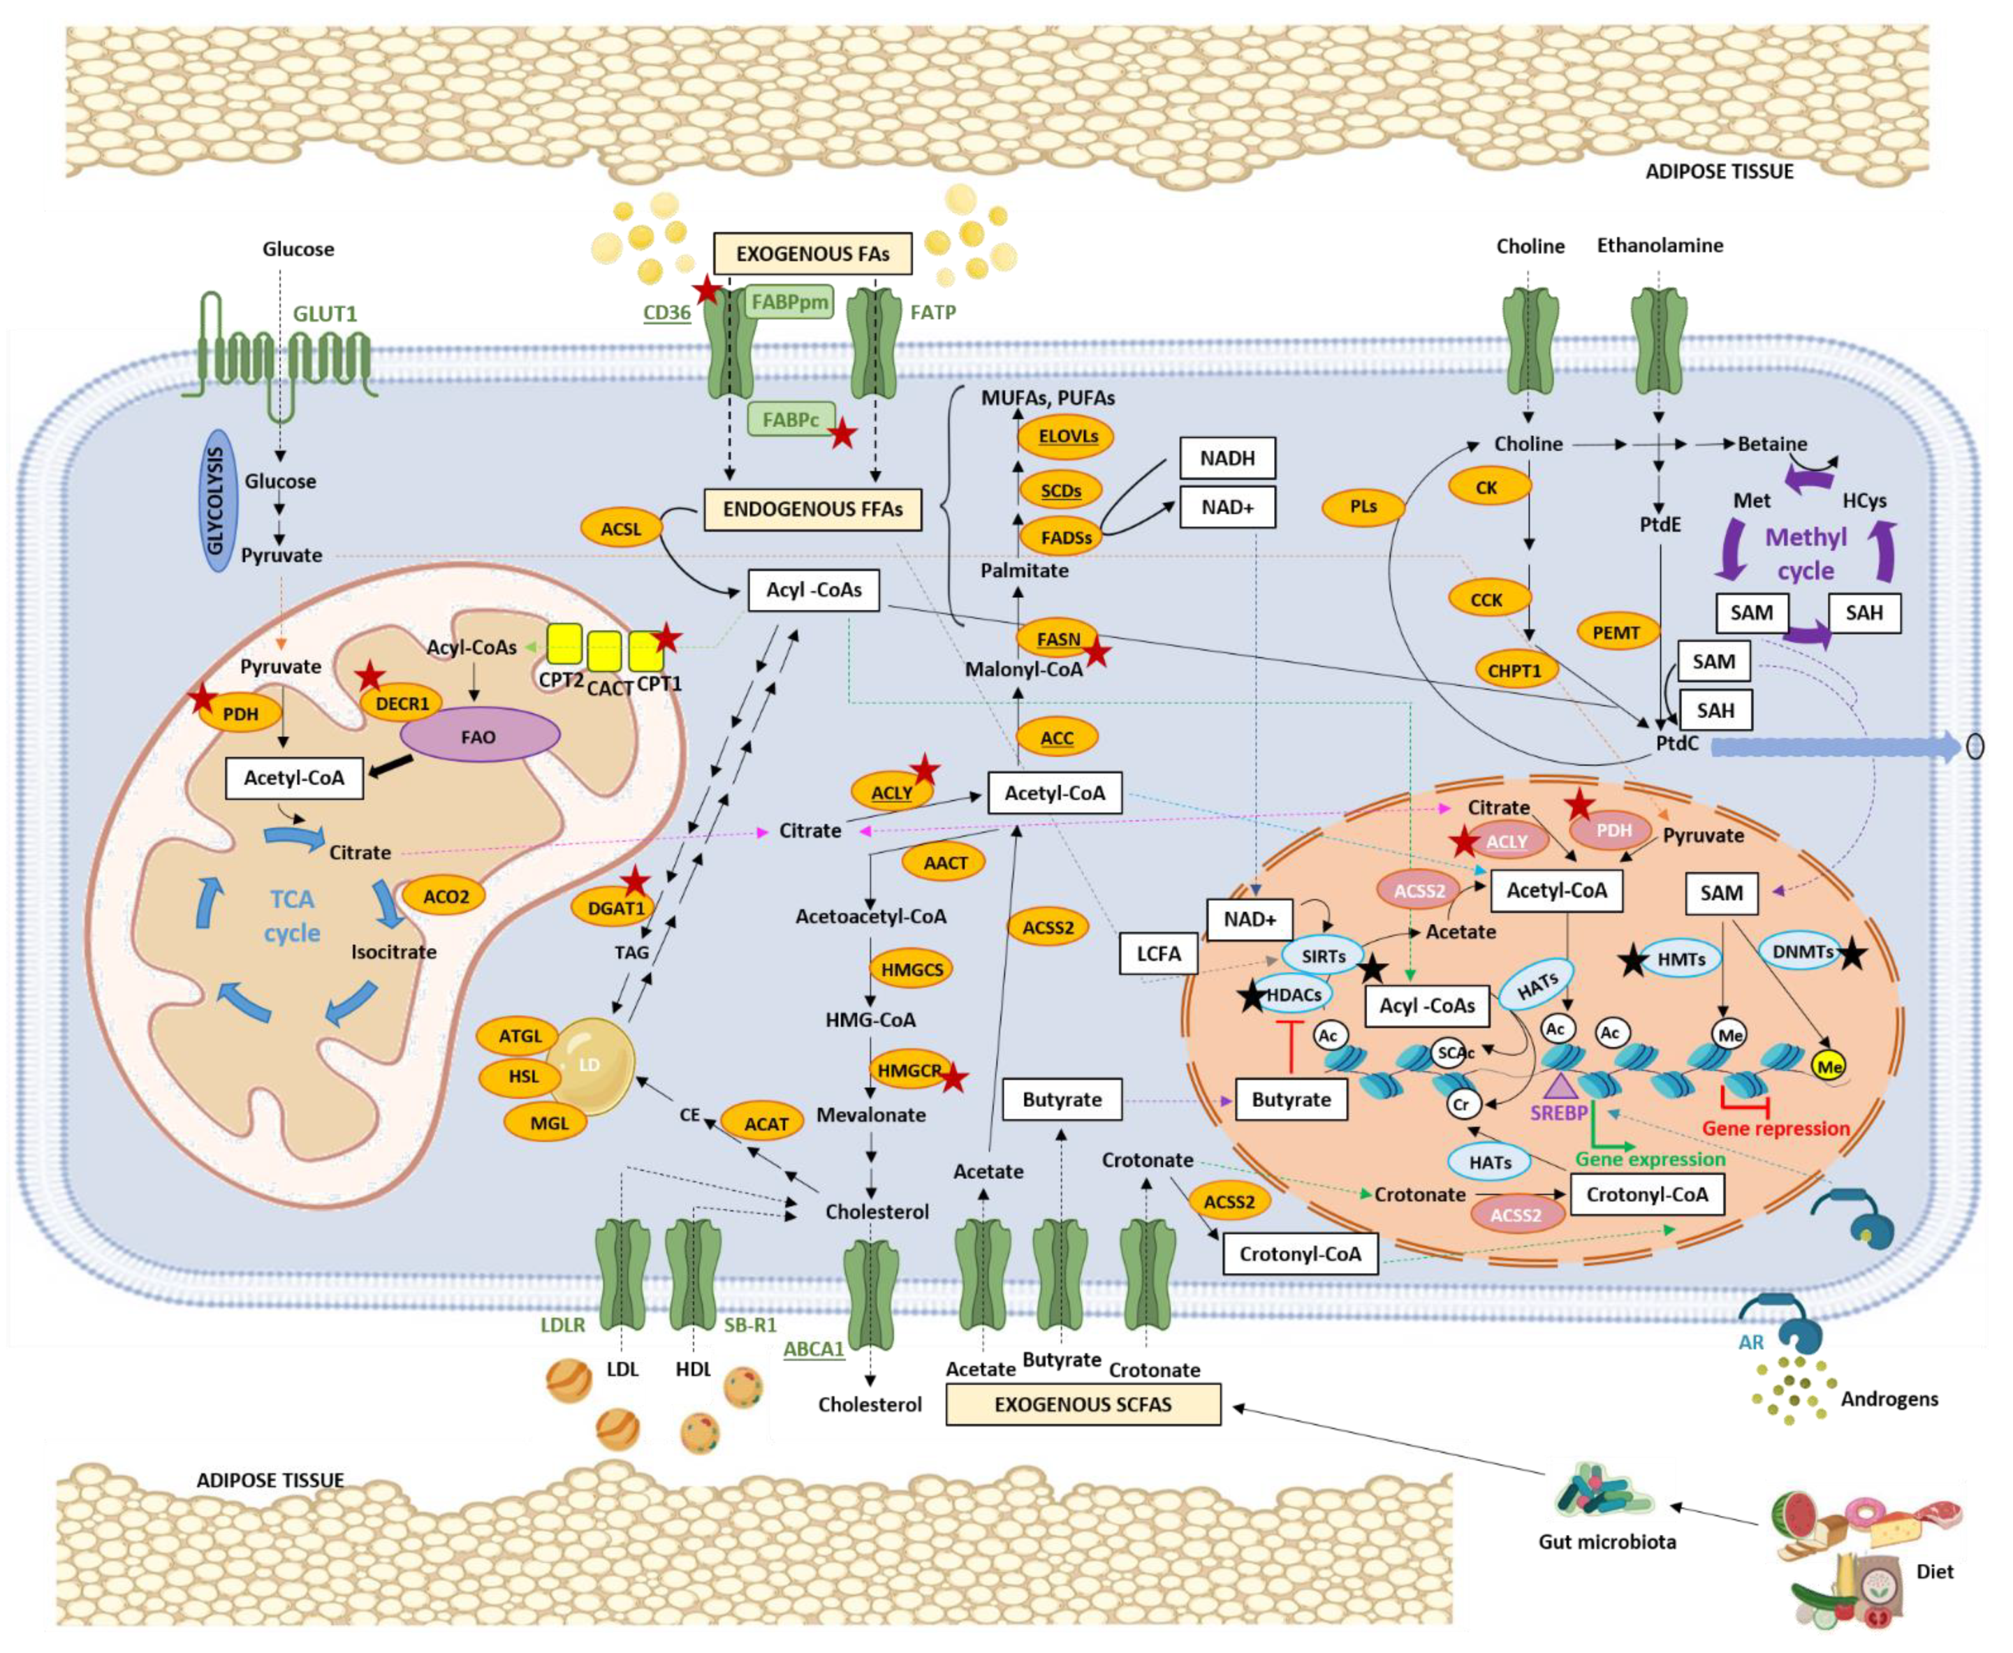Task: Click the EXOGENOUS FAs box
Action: click(812, 253)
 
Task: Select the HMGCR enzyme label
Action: click(909, 1070)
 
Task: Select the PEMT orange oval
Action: click(1616, 631)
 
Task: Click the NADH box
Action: click(1227, 458)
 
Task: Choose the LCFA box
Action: click(1158, 953)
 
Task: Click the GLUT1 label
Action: click(325, 313)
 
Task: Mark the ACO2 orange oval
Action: click(446, 896)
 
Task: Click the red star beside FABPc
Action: click(842, 434)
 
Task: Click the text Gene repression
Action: click(1775, 1128)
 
